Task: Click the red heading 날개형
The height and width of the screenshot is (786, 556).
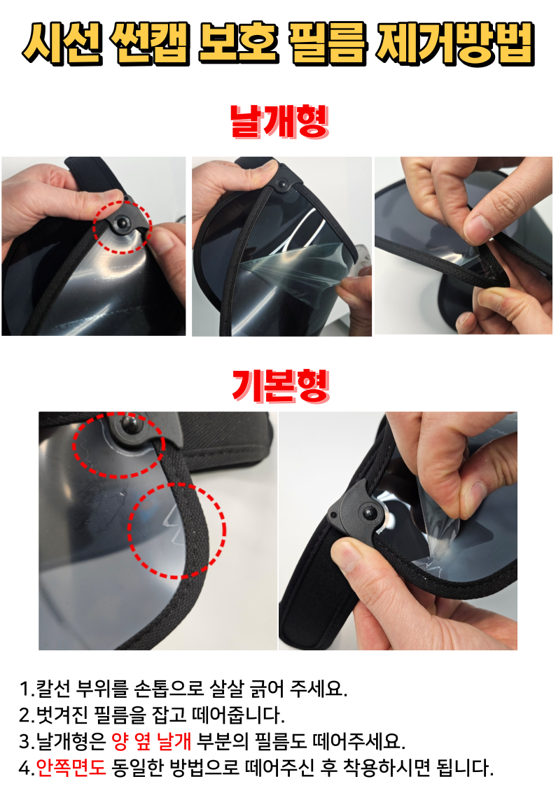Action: point(279,121)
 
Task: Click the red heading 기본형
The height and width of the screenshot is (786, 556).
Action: point(280,386)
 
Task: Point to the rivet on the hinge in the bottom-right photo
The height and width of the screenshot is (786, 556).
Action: point(370,513)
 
